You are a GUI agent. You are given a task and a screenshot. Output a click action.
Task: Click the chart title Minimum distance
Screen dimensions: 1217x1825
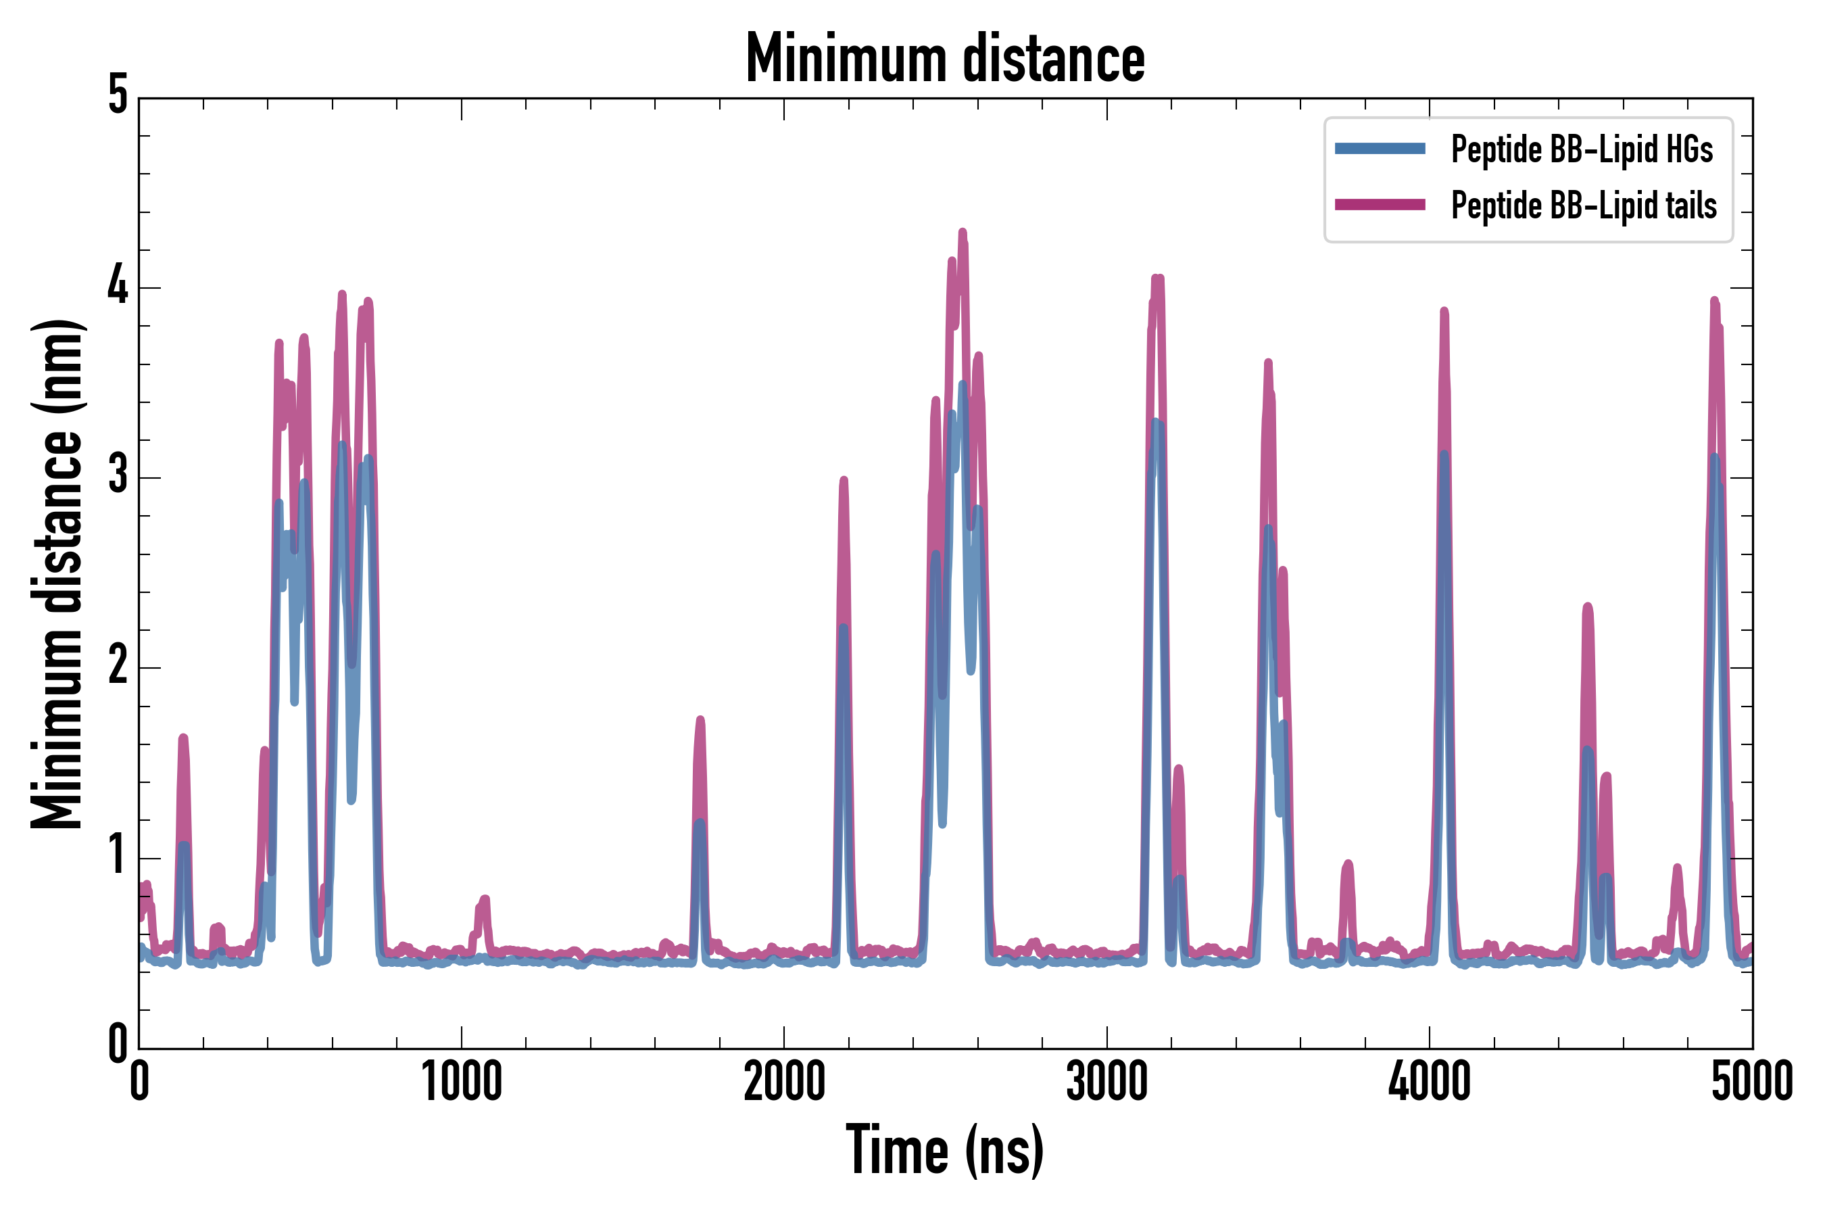[x=944, y=59]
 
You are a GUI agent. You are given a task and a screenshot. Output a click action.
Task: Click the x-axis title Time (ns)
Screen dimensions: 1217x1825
[x=944, y=1149]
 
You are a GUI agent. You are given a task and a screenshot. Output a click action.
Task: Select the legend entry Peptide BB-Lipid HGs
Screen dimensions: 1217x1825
[x=1582, y=149]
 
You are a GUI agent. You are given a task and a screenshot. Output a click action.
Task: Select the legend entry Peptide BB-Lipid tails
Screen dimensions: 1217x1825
[x=1583, y=206]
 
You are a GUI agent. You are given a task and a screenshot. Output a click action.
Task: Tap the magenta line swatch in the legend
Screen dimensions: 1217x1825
[x=1380, y=205]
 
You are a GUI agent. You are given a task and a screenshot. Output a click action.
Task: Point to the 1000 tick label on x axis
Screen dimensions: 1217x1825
[x=462, y=1082]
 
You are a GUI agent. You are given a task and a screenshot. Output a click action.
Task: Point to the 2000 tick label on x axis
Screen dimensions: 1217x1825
[x=783, y=1082]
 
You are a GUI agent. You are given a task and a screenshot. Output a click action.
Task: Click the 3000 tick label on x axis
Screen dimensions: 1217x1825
[x=1106, y=1082]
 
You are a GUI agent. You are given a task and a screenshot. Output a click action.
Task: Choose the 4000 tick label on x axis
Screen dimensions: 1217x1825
[x=1430, y=1082]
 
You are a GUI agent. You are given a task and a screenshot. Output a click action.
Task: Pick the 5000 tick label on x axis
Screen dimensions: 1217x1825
[x=1752, y=1082]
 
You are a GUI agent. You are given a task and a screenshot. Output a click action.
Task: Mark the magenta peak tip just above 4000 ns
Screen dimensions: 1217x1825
[x=1444, y=311]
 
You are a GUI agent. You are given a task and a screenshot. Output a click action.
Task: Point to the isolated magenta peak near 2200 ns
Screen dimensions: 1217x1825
[x=844, y=481]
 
